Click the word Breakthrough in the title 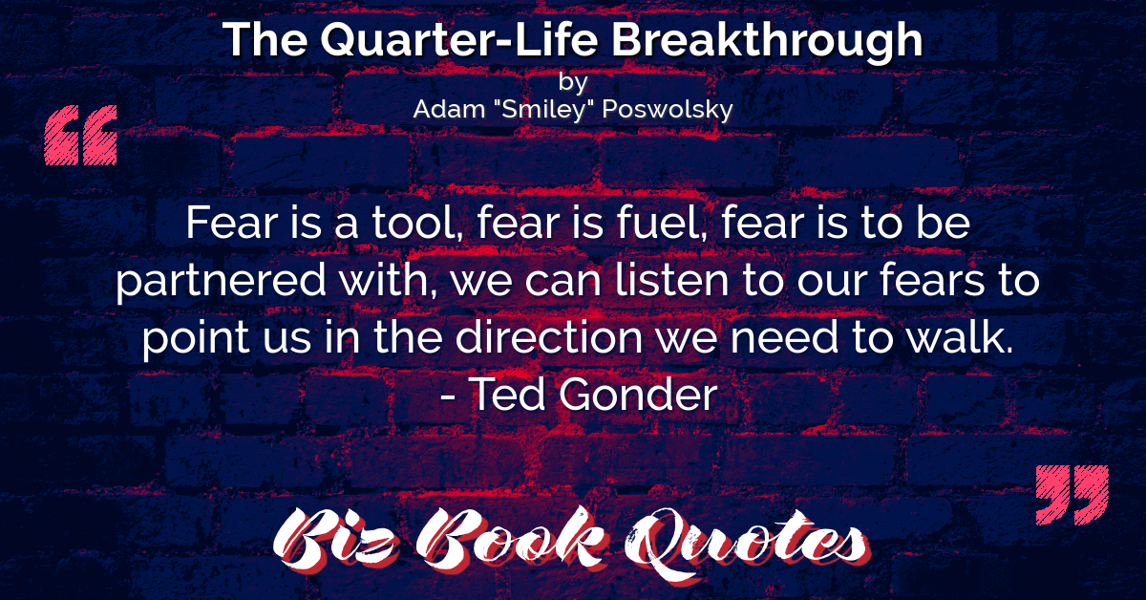point(767,41)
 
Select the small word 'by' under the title point(572,82)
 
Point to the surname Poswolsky point(668,110)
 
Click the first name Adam point(449,109)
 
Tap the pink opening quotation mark point(81,135)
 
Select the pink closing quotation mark point(1072,495)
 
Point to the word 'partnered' point(221,281)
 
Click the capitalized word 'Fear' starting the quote point(232,223)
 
